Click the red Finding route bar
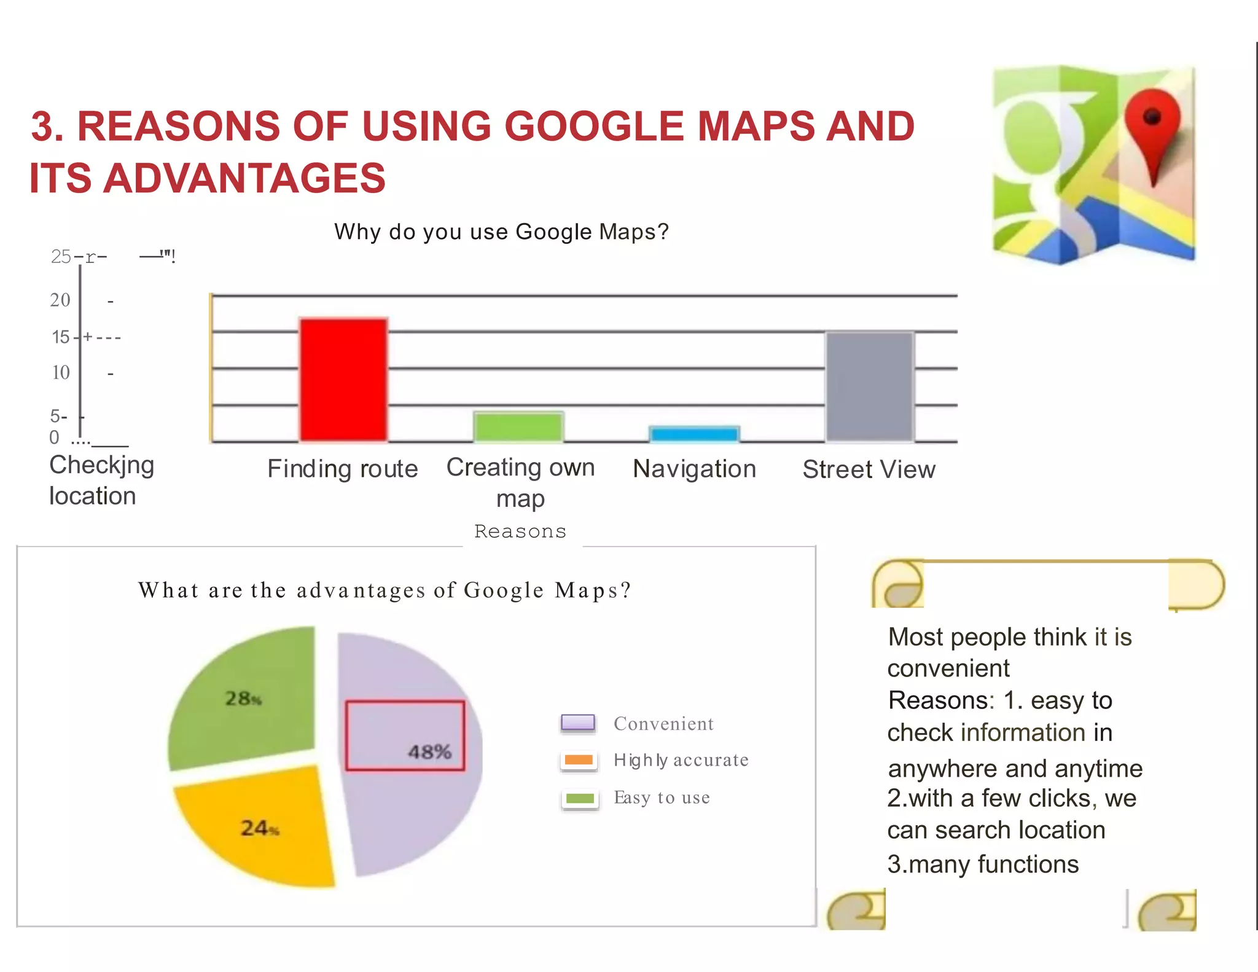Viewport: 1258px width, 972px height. (343, 379)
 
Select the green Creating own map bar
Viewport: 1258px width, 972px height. (518, 426)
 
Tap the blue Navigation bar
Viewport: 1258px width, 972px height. (694, 434)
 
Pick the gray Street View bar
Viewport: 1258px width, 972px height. (869, 386)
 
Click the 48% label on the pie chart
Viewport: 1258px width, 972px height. (429, 751)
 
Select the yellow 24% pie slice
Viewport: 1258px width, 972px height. (258, 826)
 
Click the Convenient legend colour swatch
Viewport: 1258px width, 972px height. (578, 723)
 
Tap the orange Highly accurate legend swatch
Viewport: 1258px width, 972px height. (579, 760)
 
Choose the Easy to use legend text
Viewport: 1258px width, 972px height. (662, 798)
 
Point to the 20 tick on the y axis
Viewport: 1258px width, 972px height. (60, 300)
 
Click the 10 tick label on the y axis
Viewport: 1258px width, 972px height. (61, 372)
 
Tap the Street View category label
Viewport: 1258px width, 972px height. (869, 469)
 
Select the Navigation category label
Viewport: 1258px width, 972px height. (694, 469)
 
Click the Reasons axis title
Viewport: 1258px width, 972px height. (520, 531)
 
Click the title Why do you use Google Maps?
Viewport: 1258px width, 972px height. (501, 232)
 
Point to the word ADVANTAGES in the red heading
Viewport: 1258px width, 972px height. (244, 178)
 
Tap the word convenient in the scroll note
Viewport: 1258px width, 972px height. (948, 668)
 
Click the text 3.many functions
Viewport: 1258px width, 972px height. (983, 864)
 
